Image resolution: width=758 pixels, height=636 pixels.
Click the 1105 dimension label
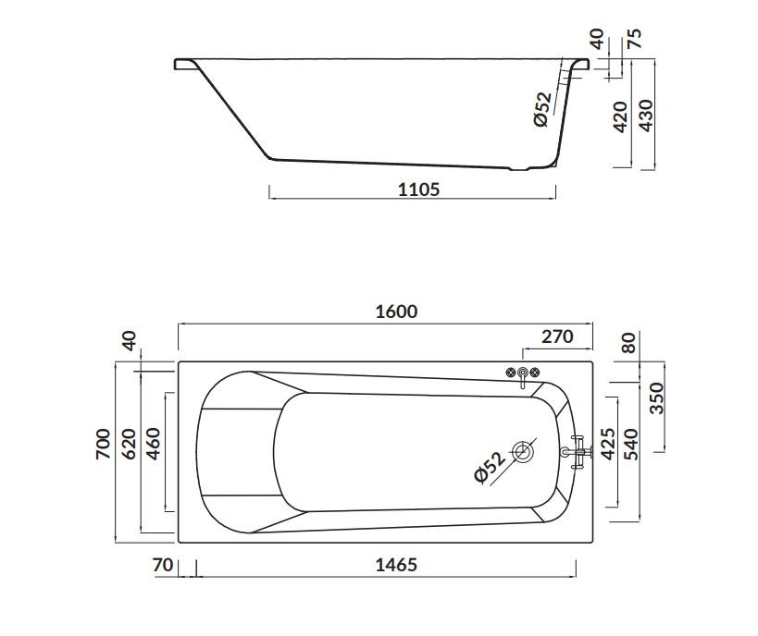click(418, 189)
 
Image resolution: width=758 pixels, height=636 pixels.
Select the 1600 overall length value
click(396, 312)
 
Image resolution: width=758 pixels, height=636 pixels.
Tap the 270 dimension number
click(557, 336)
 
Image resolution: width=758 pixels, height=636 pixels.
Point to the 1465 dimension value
click(396, 564)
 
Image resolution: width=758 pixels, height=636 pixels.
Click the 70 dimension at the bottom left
click(163, 564)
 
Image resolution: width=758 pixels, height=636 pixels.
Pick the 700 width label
click(104, 444)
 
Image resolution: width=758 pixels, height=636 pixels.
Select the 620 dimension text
click(129, 444)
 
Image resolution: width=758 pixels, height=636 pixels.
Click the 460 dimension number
click(153, 444)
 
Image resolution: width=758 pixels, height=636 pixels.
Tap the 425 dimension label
click(607, 444)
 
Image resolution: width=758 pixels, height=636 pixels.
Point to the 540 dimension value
click(631, 444)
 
